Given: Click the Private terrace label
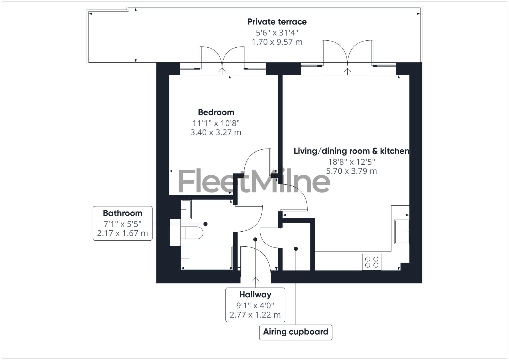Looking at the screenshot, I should (277, 22).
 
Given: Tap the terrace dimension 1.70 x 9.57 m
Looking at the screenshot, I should (277, 42).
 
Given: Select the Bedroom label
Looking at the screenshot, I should (216, 112).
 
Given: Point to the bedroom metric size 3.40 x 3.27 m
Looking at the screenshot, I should (216, 132).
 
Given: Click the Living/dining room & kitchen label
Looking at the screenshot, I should (351, 151).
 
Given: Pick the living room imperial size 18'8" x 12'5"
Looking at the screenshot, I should (351, 162).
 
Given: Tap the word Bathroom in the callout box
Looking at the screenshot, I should (122, 213).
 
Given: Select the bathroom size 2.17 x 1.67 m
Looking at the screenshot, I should (122, 233).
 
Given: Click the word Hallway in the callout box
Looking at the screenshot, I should (255, 295).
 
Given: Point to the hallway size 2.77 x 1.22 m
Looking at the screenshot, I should (255, 315).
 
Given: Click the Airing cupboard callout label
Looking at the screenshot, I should (296, 332).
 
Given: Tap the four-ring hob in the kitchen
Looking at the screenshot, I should (372, 262).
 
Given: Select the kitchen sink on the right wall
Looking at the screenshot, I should (402, 232).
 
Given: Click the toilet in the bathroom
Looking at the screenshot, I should (192, 233).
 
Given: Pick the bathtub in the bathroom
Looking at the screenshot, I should (207, 258).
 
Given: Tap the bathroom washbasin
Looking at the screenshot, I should (186, 209).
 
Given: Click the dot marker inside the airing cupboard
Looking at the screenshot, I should (296, 249).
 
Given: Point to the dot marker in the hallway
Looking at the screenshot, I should (255, 239).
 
